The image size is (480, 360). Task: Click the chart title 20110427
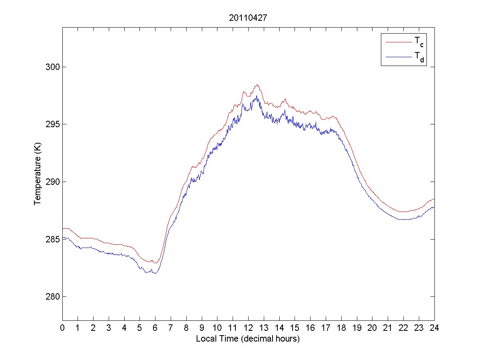pyautogui.click(x=248, y=18)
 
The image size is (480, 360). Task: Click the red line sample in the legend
pyautogui.click(x=398, y=41)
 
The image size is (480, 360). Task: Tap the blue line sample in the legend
pyautogui.click(x=398, y=57)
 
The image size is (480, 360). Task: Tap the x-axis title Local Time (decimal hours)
pyautogui.click(x=248, y=339)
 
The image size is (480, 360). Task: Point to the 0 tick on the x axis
pyautogui.click(x=62, y=328)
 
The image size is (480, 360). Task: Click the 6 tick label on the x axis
pyautogui.click(x=155, y=328)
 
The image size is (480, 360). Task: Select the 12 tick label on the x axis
pyautogui.click(x=248, y=328)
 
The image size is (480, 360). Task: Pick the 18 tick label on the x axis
pyautogui.click(x=341, y=328)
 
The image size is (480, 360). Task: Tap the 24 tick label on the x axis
pyautogui.click(x=434, y=328)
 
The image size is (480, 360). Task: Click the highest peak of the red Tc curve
pyautogui.click(x=257, y=85)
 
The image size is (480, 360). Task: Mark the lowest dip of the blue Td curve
pyautogui.click(x=155, y=274)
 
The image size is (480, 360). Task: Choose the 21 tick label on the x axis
pyautogui.click(x=388, y=328)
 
